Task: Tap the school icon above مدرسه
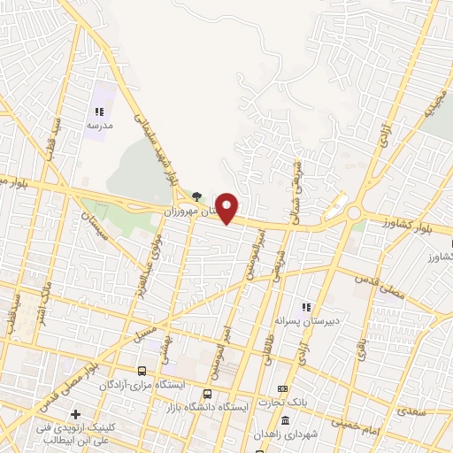coord(99,112)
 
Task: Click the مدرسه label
coord(99,127)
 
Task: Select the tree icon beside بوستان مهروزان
coord(196,196)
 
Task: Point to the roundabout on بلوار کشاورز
coord(354,213)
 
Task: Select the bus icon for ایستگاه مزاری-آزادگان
coord(142,371)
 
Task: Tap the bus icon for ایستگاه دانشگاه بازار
coord(207,394)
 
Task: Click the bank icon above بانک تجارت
coord(283,388)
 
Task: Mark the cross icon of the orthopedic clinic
coord(76,413)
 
